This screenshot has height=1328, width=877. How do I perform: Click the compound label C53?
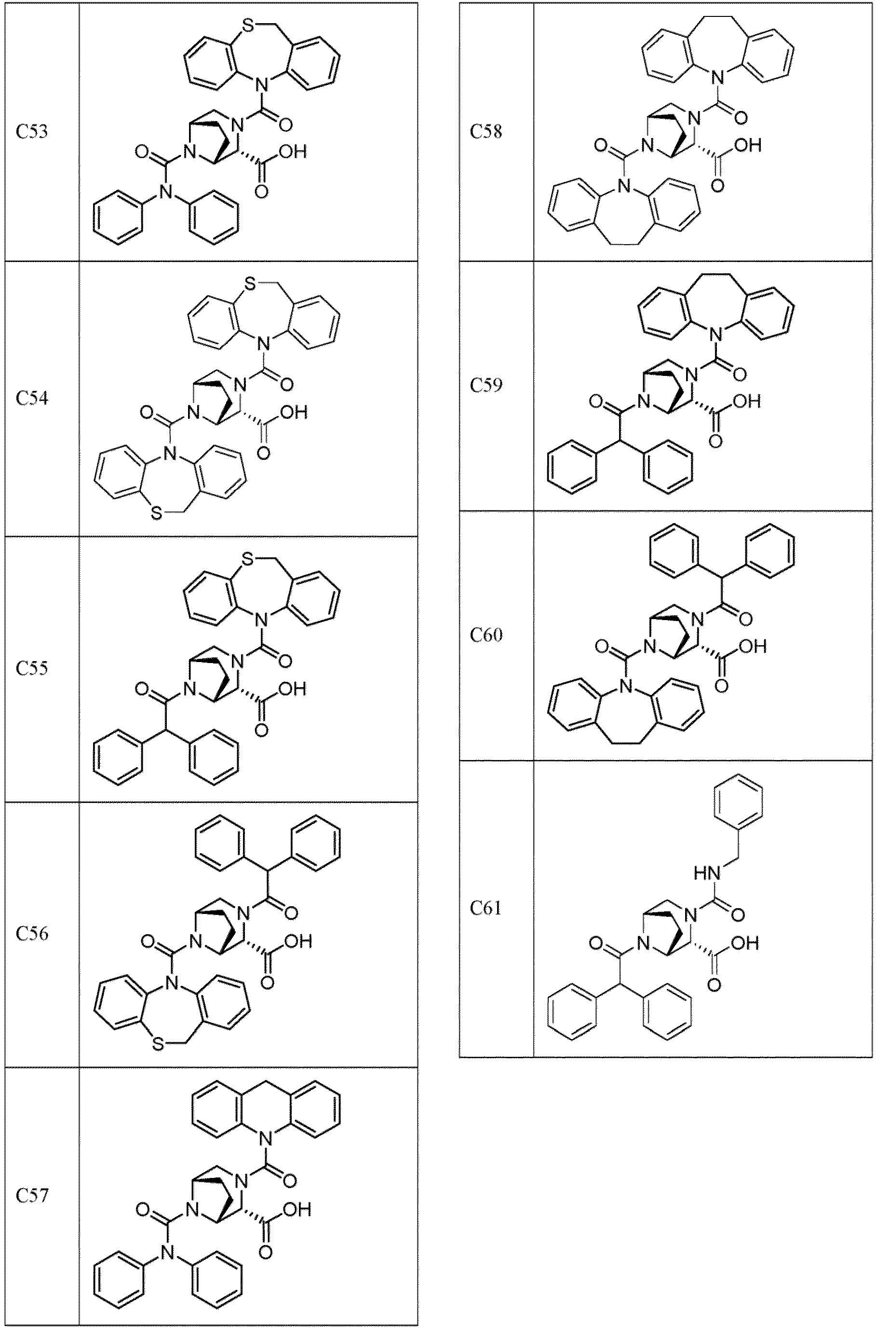(31, 132)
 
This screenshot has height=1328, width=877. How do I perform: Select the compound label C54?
(31, 399)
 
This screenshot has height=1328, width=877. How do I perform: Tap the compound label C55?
(31, 668)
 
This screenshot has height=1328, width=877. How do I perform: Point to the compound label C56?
(31, 933)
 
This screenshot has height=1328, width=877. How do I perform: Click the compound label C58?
(486, 132)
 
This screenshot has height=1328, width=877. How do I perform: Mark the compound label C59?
(486, 385)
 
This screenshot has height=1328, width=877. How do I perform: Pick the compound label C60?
(486, 635)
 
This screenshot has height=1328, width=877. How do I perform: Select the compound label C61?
(486, 908)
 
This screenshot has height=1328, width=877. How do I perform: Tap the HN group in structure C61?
(705, 873)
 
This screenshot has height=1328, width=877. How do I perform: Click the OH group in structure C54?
(294, 413)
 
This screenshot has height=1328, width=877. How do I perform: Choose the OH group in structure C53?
(293, 152)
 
